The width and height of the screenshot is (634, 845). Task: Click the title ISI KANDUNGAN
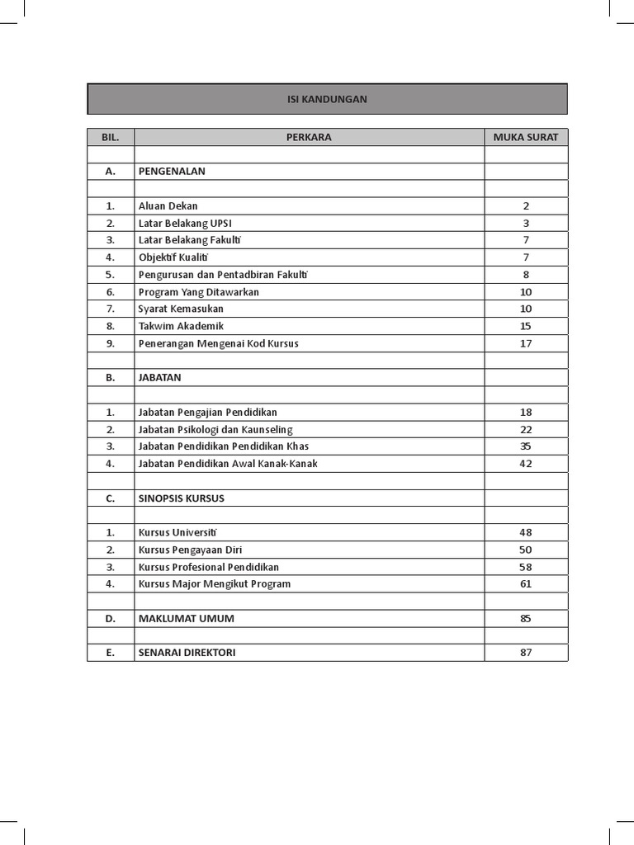pos(327,99)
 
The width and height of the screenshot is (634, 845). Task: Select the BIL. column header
pos(111,137)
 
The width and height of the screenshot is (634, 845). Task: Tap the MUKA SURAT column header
pos(526,137)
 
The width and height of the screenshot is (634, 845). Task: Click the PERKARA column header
pos(309,137)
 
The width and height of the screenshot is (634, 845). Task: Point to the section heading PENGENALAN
pos(172,172)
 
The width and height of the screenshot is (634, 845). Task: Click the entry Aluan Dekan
pos(168,206)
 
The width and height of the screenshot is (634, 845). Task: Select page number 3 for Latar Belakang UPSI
pos(526,224)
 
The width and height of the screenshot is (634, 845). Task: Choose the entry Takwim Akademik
pos(181,326)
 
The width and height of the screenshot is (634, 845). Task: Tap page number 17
pos(526,343)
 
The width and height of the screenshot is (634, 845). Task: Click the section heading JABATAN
pos(160,377)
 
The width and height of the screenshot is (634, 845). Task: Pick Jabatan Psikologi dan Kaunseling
pos(215,429)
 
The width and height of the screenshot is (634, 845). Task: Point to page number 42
pos(526,464)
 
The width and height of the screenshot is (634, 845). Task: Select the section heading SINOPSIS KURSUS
pos(182,498)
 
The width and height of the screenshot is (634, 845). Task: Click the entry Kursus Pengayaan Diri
pos(190,550)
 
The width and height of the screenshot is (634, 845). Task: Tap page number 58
pos(526,567)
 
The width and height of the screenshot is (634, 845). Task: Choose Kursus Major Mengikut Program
pos(215,584)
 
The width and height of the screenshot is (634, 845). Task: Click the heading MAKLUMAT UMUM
pos(181,618)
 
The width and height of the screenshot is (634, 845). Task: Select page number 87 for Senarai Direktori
pos(526,653)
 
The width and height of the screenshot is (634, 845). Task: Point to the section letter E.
pos(111,653)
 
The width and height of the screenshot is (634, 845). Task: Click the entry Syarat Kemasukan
pos(181,309)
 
